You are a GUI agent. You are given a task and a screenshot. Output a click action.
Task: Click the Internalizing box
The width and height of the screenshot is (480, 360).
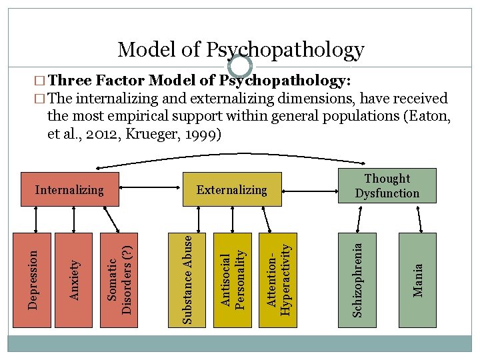coord(69,190)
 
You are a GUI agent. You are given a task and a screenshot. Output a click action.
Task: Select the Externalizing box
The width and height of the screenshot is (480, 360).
coord(231,190)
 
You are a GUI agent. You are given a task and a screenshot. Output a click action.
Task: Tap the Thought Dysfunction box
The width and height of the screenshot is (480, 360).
coord(387,186)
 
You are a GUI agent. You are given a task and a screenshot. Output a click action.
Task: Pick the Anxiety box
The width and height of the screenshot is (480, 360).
coord(76,280)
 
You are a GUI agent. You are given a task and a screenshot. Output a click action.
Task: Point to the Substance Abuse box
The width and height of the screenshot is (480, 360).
coord(189,280)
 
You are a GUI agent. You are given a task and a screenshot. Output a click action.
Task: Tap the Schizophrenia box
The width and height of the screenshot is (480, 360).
coord(357,280)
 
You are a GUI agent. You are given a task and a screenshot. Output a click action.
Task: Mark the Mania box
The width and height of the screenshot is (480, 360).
coord(417,280)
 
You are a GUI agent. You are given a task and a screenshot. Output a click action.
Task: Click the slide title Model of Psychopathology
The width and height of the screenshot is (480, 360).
coord(241,49)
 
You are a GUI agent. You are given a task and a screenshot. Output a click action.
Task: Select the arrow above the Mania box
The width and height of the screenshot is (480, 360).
coord(417,217)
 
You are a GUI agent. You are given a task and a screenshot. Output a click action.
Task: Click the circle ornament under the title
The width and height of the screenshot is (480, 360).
coord(240,65)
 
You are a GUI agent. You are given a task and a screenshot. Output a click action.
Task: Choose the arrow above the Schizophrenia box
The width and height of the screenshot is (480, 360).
coord(357,217)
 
